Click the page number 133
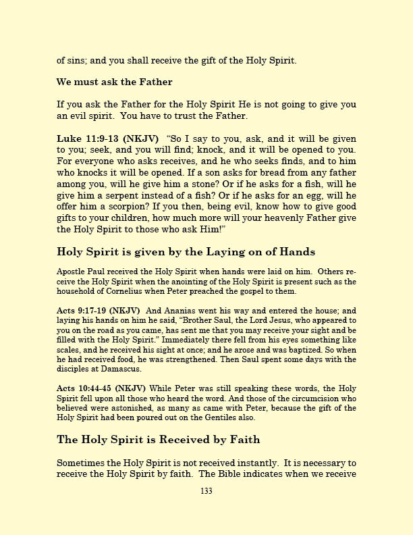click(206, 491)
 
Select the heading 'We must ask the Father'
click(115, 82)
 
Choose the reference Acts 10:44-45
click(84, 388)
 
